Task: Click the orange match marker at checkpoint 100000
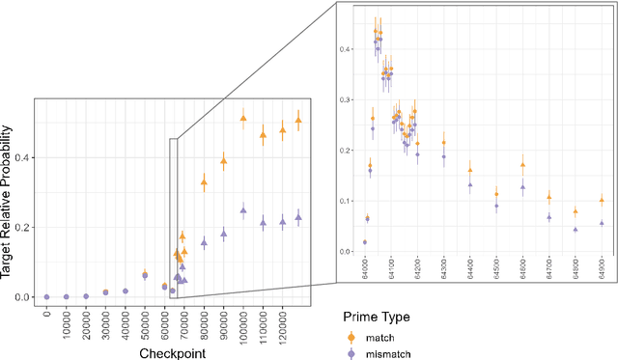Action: [x=243, y=119]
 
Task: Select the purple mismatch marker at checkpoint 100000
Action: [x=243, y=209]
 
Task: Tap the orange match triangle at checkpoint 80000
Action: [x=204, y=181]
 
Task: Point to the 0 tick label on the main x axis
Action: [x=46, y=314]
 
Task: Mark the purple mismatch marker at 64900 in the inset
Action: [x=602, y=223]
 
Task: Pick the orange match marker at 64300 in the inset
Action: [x=444, y=143]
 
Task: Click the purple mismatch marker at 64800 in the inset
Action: [x=575, y=230]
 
